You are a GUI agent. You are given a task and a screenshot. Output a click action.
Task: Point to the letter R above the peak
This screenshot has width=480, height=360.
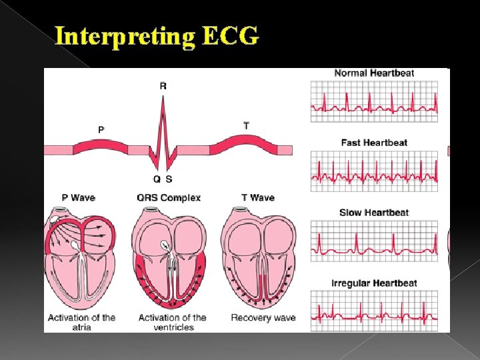[163, 85]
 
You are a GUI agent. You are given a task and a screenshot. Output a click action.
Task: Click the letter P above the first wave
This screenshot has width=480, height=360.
[101, 129]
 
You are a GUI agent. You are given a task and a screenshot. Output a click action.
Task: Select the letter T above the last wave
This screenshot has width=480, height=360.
[247, 125]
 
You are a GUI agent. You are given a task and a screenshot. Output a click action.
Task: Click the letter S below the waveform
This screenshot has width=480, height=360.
[168, 179]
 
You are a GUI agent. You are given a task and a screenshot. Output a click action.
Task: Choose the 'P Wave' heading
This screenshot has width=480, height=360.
[79, 198]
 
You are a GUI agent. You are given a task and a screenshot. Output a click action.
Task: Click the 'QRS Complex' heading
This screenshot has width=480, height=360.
[169, 198]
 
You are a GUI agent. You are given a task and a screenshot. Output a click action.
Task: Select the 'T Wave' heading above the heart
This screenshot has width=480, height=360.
[258, 198]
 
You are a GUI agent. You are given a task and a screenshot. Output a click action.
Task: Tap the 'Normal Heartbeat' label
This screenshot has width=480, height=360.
[374, 73]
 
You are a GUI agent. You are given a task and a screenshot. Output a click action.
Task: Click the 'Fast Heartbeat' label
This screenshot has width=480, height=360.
[374, 143]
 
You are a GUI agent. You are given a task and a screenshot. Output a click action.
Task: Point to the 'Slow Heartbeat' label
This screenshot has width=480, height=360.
[374, 213]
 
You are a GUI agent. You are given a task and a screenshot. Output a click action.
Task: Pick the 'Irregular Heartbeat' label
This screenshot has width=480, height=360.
[374, 283]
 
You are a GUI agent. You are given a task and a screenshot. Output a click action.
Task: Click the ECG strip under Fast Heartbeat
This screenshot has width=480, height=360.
[374, 171]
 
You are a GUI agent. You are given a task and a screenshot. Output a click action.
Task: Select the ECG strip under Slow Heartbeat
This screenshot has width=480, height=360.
[374, 241]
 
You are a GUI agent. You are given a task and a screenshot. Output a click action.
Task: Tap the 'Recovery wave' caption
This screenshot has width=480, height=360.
[263, 318]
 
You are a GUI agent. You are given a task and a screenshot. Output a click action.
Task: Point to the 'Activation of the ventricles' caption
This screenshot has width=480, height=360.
[172, 322]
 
